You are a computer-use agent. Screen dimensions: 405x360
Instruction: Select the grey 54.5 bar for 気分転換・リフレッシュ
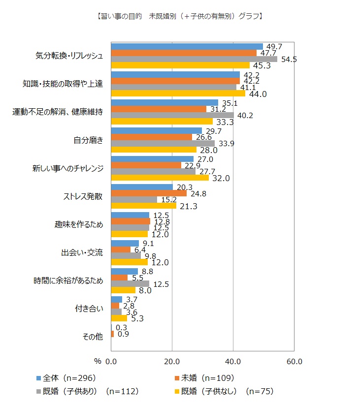point(194,59)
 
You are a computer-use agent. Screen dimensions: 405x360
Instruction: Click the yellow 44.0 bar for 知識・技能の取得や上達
point(178,93)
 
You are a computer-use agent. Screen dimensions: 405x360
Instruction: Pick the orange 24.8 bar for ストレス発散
point(149,193)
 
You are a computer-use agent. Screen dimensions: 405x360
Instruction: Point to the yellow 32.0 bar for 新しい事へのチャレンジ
point(160,178)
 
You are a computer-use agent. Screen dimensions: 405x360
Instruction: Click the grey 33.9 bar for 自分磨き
point(163,143)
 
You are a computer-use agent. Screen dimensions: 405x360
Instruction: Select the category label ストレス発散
point(84,196)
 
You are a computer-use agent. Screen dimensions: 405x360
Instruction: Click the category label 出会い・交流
point(82,252)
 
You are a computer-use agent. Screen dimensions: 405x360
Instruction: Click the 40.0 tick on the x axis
point(233,361)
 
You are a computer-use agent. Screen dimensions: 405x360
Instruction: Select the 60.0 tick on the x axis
point(294,361)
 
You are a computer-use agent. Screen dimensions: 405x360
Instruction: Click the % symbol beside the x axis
point(98,361)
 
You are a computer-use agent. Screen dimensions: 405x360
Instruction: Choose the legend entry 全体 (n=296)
point(65,378)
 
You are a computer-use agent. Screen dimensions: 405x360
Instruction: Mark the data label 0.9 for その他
point(123,335)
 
